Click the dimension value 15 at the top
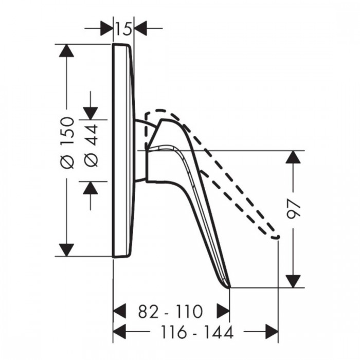coord(123,29)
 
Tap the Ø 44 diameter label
coord(91,146)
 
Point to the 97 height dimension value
coord(294,209)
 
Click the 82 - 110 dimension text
coord(171,312)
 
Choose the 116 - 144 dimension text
coord(197,332)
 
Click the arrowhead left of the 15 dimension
coord(107,28)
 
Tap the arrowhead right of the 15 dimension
coord(140,28)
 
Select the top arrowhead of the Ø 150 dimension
coord(66,50)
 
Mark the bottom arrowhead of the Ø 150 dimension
coord(66,250)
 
